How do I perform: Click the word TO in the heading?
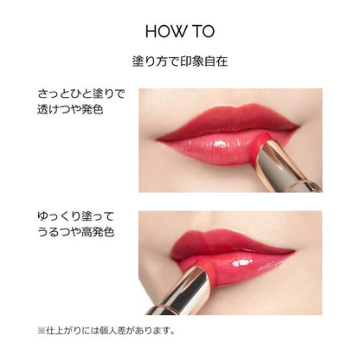[203, 31]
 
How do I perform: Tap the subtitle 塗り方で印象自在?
[180, 61]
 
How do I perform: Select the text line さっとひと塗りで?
[81, 94]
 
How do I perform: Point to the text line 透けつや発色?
[70, 110]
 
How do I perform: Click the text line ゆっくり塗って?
[76, 216]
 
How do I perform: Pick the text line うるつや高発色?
[76, 232]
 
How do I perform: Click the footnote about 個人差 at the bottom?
[106, 331]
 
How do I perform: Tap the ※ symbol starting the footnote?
[42, 331]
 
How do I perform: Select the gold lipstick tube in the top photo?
[288, 167]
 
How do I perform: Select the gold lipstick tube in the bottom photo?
[181, 291]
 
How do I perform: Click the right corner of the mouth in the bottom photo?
[294, 252]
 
